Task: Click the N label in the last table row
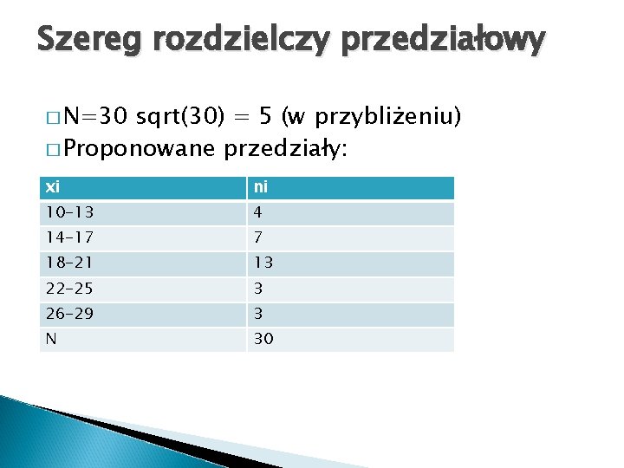pos(52,339)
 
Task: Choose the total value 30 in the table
pos(263,339)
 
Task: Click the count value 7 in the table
pos(258,238)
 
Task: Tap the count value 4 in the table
pos(258,213)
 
